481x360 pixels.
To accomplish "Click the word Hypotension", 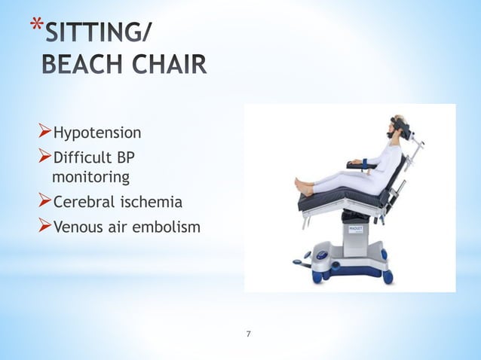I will tap(97, 133).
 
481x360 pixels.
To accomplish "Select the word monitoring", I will tap(90, 178).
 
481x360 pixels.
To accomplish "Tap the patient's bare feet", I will tap(304, 186).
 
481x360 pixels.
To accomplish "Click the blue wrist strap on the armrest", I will tap(367, 162).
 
